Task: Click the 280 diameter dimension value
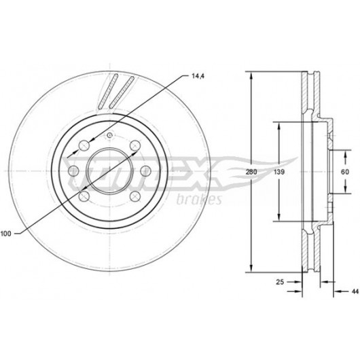(251, 172)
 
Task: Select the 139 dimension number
(279, 172)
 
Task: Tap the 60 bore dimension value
(344, 172)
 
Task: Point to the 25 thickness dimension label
(280, 282)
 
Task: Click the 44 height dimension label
(355, 291)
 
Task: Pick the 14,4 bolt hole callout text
(198, 76)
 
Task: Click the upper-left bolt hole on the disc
(84, 145)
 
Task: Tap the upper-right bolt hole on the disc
(135, 145)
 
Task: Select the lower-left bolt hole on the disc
(84, 196)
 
